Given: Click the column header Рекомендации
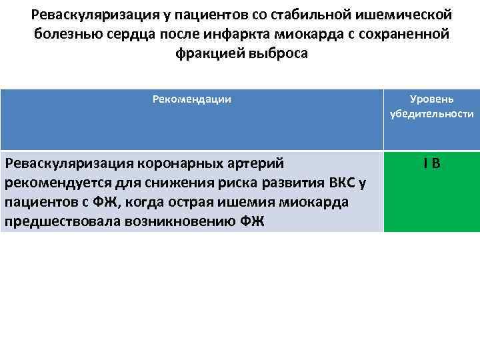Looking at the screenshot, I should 191,99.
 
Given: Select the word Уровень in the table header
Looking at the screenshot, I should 432,99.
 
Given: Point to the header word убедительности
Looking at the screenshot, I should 432,114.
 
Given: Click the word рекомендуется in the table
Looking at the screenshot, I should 51,183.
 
